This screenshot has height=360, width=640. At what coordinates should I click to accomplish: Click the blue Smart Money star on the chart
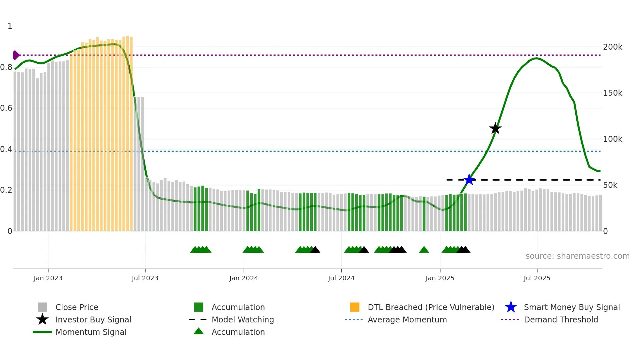[x=469, y=180]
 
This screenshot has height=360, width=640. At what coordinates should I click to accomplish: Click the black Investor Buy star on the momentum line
[x=495, y=129]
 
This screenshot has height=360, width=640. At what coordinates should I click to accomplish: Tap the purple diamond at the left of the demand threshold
[x=16, y=55]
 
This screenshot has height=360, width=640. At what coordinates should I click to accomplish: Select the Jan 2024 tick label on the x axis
[x=244, y=278]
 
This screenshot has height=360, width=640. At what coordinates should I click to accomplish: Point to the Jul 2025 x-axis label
[x=537, y=278]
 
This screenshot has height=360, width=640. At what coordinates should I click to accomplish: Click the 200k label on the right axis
[x=613, y=47]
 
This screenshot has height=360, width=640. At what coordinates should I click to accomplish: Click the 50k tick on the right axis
[x=610, y=185]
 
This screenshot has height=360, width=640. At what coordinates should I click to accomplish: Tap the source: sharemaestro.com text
[x=577, y=256]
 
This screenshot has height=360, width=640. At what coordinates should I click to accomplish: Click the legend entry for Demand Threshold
[x=561, y=319]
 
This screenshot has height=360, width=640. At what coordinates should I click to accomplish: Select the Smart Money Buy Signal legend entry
[x=571, y=307]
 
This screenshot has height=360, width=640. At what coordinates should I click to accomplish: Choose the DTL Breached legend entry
[x=431, y=307]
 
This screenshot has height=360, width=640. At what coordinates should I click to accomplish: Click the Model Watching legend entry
[x=243, y=319]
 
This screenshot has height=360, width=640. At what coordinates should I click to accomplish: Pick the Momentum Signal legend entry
[x=91, y=332]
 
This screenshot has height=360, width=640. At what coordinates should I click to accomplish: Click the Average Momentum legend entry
[x=407, y=319]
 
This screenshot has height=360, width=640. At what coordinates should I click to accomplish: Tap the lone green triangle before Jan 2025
[x=424, y=250]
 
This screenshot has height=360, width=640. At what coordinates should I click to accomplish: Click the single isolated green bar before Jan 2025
[x=424, y=214]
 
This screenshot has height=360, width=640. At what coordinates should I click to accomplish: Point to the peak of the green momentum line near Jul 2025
[x=536, y=58]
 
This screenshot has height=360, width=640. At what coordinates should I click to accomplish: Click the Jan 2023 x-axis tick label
[x=48, y=278]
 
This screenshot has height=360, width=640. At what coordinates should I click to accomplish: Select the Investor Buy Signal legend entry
[x=93, y=319]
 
